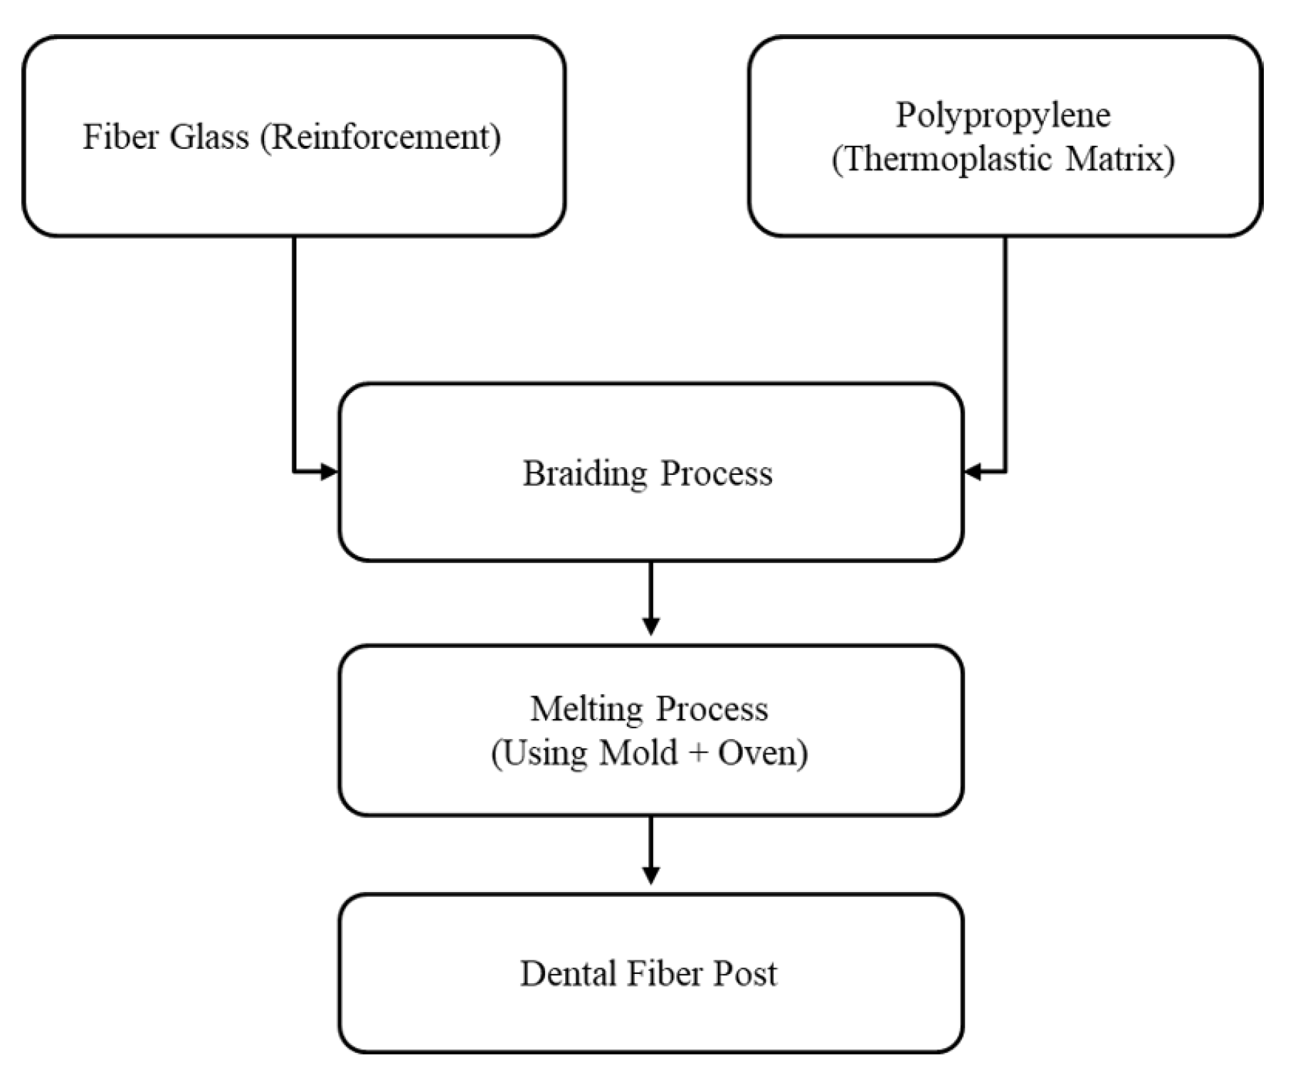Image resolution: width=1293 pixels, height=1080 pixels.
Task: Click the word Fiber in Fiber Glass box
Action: click(x=121, y=137)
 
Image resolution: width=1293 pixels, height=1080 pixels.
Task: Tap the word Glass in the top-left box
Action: click(x=209, y=137)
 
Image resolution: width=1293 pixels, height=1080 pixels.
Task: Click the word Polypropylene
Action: click(x=1003, y=116)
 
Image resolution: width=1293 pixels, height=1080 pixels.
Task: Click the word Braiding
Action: click(x=585, y=473)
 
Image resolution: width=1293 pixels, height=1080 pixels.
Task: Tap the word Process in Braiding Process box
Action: click(x=716, y=473)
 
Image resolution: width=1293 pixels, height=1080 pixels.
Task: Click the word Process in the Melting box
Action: click(x=712, y=709)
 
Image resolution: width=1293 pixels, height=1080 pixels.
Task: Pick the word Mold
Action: click(x=638, y=753)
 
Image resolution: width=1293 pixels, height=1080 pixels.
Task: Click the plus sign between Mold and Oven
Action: click(x=698, y=753)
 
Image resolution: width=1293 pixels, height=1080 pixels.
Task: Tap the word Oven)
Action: click(x=763, y=753)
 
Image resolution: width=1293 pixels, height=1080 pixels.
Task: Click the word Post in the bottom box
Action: click(x=745, y=974)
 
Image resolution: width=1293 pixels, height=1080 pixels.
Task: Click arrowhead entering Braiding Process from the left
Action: click(x=329, y=471)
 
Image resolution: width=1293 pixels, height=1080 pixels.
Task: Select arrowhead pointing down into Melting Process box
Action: click(x=650, y=626)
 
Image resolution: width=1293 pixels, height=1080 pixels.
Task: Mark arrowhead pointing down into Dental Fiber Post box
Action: click(x=650, y=874)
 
